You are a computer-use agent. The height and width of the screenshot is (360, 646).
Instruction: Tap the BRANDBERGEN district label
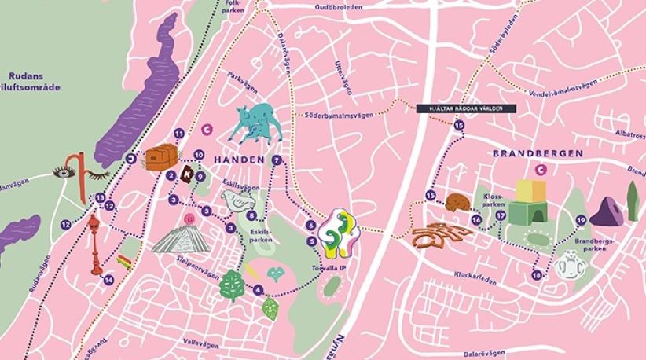(x=538, y=153)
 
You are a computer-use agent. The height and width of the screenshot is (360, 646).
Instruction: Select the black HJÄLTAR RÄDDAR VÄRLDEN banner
(x=465, y=108)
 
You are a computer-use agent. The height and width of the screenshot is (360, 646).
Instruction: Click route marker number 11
(x=179, y=134)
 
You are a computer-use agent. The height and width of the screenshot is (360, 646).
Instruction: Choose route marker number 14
(x=108, y=279)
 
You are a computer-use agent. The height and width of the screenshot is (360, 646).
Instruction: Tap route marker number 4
(x=258, y=289)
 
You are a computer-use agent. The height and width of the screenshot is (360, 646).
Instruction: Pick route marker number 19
(x=581, y=220)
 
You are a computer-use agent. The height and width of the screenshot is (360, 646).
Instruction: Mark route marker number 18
(x=537, y=275)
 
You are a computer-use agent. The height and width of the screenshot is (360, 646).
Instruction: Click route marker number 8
(x=251, y=215)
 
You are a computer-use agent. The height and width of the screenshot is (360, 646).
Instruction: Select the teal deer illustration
(x=255, y=124)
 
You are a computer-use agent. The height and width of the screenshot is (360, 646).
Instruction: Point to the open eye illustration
(x=65, y=171)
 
